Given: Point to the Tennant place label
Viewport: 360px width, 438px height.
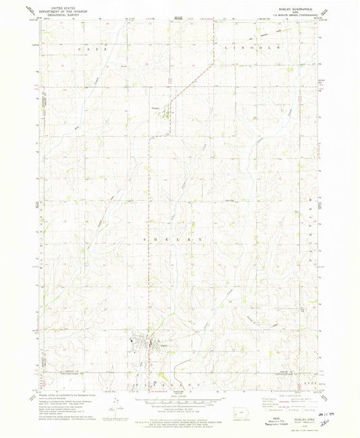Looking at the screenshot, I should (x=155, y=107).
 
